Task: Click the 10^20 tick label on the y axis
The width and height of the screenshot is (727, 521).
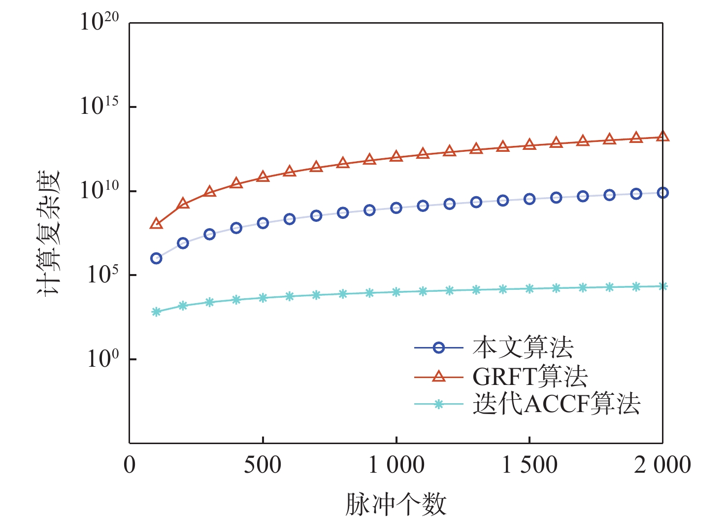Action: [x=100, y=22]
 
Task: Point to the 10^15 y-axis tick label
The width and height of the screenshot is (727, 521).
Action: [x=100, y=106]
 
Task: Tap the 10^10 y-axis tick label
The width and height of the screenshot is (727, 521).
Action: [x=100, y=190]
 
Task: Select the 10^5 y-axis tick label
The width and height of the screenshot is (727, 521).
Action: [x=103, y=275]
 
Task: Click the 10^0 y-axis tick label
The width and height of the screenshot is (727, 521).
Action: [x=103, y=359]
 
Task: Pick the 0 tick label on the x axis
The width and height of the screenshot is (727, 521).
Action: [x=130, y=465]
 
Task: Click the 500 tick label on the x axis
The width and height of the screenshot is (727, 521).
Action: [x=263, y=465]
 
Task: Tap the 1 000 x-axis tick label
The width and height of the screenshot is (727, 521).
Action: [x=397, y=465]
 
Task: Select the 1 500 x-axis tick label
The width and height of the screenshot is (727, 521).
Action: [x=529, y=465]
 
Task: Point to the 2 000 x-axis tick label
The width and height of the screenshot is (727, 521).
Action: [x=662, y=465]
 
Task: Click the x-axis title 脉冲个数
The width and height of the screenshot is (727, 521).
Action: [x=396, y=504]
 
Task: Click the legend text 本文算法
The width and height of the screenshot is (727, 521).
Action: [x=523, y=347]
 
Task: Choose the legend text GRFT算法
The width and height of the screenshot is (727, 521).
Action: [x=530, y=377]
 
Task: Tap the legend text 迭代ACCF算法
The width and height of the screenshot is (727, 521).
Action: [x=556, y=404]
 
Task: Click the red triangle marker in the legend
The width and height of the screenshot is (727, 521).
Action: [x=438, y=377]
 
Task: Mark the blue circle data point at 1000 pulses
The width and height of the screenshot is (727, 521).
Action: [x=396, y=208]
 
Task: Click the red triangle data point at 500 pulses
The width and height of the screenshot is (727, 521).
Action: [x=263, y=176]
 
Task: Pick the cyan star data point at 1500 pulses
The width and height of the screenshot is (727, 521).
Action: [x=529, y=289]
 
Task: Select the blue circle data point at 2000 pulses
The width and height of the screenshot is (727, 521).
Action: [x=662, y=193]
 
